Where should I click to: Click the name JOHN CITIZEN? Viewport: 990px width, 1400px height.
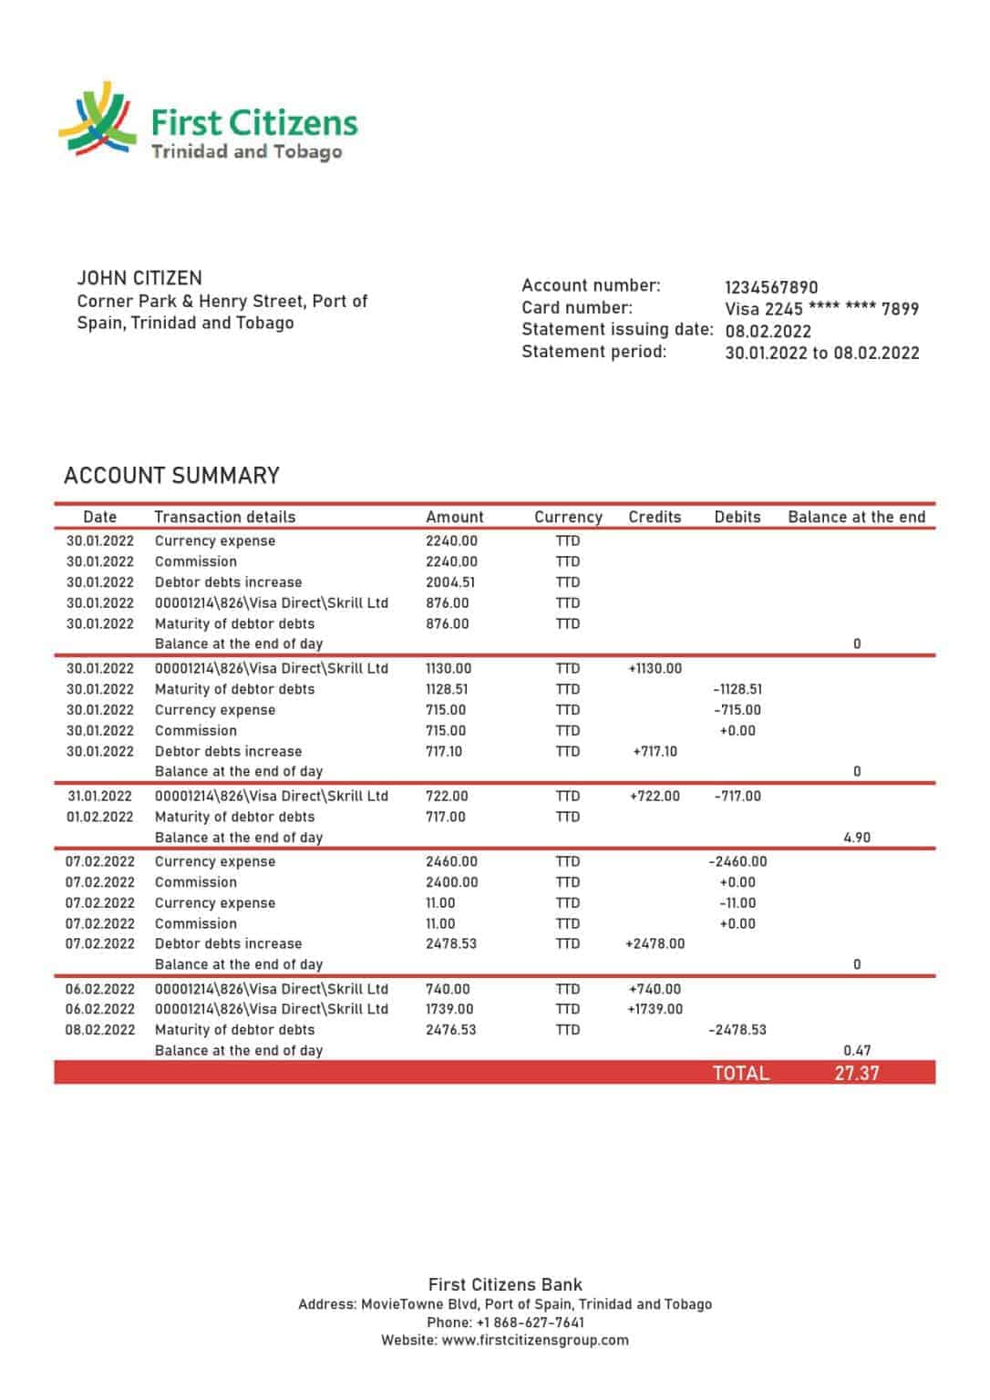pyautogui.click(x=139, y=278)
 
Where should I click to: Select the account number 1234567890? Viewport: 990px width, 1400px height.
pyautogui.click(x=771, y=287)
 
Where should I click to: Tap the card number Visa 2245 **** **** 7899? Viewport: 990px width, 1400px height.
pyautogui.click(x=821, y=309)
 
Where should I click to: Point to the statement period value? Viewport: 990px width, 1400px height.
pyautogui.click(x=821, y=353)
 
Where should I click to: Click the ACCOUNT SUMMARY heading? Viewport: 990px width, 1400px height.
pyautogui.click(x=171, y=476)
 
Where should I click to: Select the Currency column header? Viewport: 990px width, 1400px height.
pyautogui.click(x=568, y=517)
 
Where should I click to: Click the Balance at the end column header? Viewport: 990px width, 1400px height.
pyautogui.click(x=856, y=517)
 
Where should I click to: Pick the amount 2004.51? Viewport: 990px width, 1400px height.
pyautogui.click(x=450, y=582)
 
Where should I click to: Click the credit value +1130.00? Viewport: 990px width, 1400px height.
pyautogui.click(x=655, y=668)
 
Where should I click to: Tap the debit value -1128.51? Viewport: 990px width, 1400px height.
pyautogui.click(x=737, y=689)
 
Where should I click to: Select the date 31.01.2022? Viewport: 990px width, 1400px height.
pyautogui.click(x=99, y=796)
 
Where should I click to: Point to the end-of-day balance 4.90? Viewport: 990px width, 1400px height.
pyautogui.click(x=857, y=837)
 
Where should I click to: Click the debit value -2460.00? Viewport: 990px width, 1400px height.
pyautogui.click(x=737, y=861)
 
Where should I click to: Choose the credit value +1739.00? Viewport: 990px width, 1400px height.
pyautogui.click(x=655, y=1009)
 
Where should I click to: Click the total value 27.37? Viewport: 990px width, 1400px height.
pyautogui.click(x=857, y=1073)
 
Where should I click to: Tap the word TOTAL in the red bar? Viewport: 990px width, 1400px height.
pyautogui.click(x=740, y=1073)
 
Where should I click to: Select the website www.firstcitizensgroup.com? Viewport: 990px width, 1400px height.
pyautogui.click(x=535, y=1340)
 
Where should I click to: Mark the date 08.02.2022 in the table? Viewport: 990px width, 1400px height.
pyautogui.click(x=99, y=1030)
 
